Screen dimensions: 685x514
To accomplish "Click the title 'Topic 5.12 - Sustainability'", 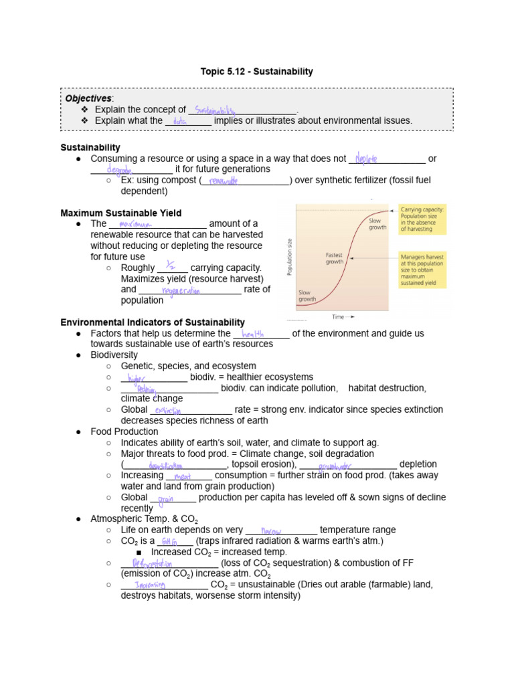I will point(257,72).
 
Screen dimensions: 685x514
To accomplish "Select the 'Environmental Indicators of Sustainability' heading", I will point(153,322).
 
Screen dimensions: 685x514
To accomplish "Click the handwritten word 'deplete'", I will point(366,159).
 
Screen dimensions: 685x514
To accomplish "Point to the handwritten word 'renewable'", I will point(224,181).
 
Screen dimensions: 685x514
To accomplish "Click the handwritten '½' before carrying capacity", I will point(171,266).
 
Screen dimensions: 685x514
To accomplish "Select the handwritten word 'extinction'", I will point(169,410).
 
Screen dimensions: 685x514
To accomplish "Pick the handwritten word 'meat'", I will point(183,476).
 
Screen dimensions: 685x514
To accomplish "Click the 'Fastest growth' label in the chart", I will point(335,258).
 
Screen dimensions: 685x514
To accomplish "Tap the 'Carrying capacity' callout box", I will point(424,219).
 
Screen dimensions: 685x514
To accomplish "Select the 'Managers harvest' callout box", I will point(424,270).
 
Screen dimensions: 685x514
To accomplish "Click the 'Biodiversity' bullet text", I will point(114,355).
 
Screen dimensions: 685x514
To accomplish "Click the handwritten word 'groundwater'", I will point(336,464).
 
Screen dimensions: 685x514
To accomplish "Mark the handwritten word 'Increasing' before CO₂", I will point(150,584).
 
